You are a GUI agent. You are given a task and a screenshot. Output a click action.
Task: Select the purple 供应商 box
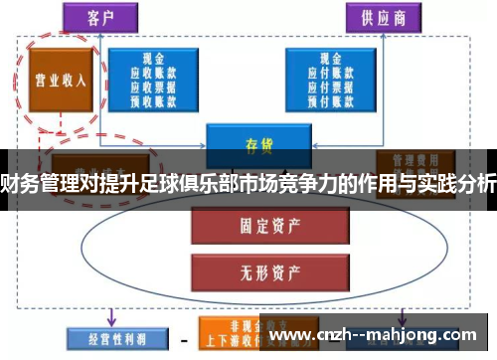click(x=383, y=16)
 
